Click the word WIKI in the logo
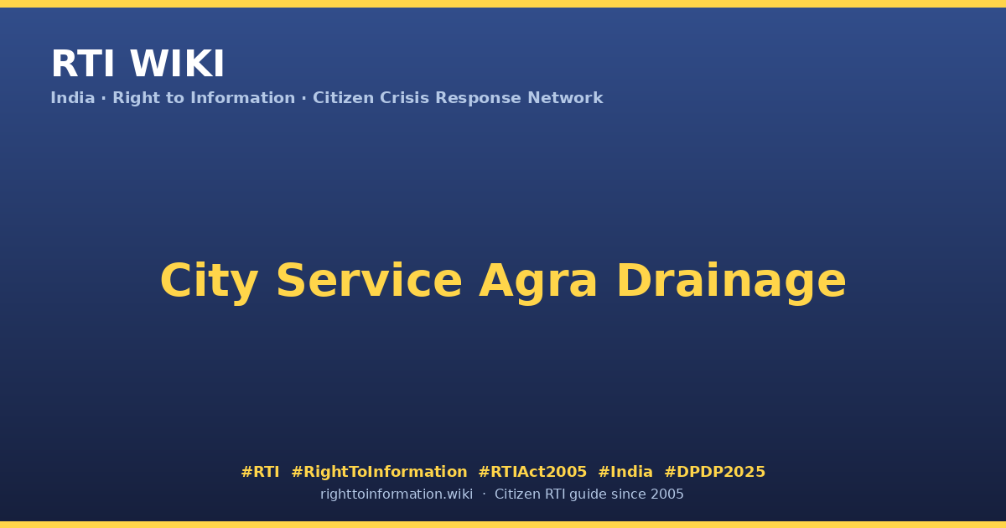point(177,64)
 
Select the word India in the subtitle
point(73,98)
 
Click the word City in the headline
point(210,281)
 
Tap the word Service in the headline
point(369,281)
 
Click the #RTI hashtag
point(260,472)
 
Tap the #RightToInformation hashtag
point(379,472)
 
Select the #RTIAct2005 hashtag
point(532,472)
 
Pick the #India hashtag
point(625,472)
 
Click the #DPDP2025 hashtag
point(714,472)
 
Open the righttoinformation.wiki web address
point(397,494)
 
